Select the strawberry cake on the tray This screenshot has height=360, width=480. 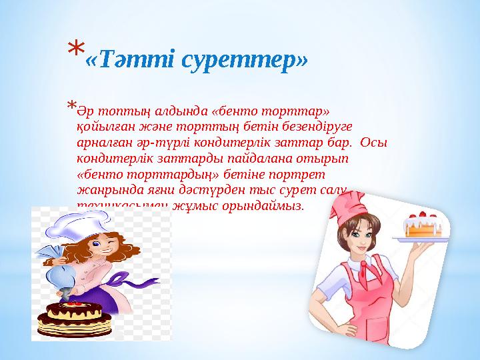point(421,227)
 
